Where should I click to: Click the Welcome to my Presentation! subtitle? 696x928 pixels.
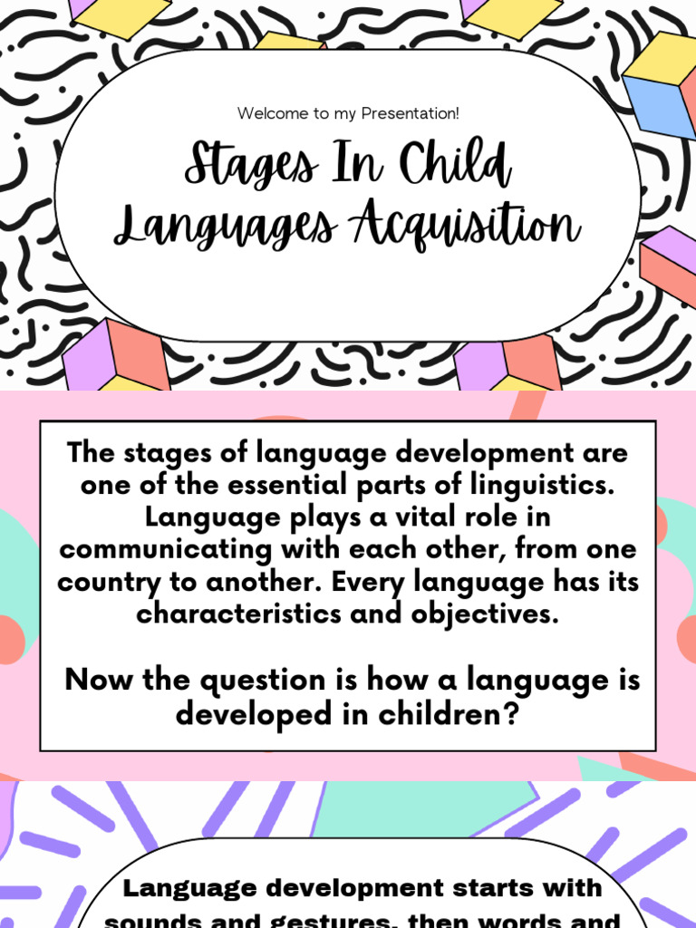tap(348, 113)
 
